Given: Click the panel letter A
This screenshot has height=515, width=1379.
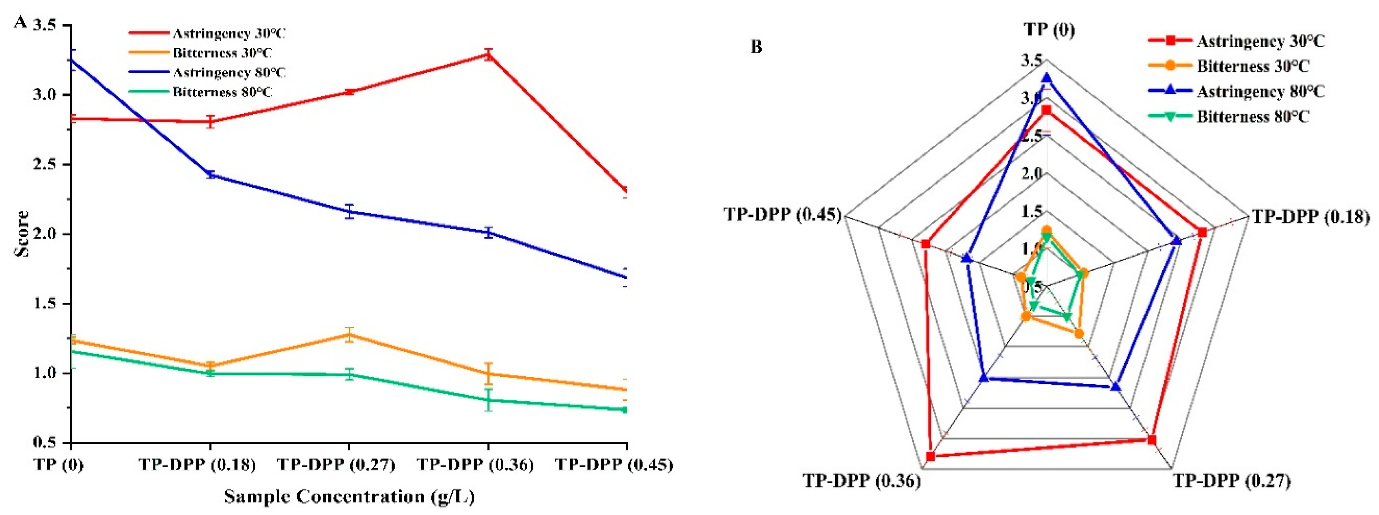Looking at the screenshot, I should click(x=20, y=22).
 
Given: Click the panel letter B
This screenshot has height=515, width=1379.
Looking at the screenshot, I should click(x=756, y=47).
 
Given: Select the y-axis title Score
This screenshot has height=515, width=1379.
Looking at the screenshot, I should click(x=22, y=234).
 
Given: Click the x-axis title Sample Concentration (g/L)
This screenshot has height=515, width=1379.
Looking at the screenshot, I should click(x=349, y=496).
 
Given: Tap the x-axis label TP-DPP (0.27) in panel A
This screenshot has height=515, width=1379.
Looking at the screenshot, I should click(x=336, y=464).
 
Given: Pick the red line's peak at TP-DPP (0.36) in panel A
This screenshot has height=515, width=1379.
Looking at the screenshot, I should click(x=488, y=54).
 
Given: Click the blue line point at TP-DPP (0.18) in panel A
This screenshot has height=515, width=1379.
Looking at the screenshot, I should click(x=210, y=174).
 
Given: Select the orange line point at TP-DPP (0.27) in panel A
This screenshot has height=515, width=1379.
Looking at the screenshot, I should click(x=349, y=335).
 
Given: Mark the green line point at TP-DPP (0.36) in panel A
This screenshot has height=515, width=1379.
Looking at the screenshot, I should click(x=488, y=400).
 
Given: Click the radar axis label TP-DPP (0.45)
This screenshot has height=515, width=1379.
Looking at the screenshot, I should click(x=782, y=214).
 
